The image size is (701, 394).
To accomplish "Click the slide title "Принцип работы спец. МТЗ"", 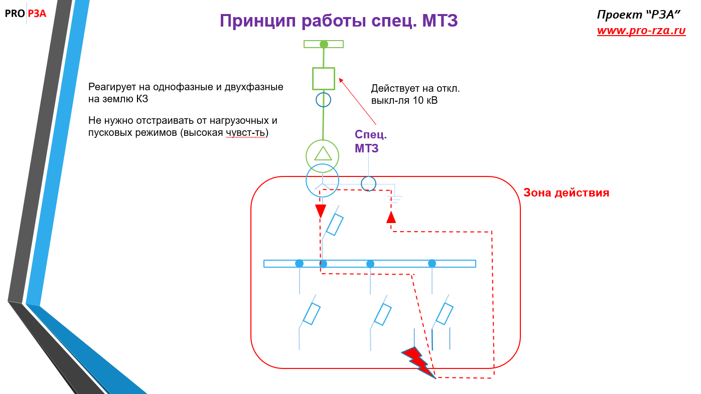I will point(339,21).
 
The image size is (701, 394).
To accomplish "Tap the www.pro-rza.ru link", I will point(641,31).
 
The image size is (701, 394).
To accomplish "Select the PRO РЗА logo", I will point(26,14).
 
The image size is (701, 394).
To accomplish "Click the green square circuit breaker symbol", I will point(323,78).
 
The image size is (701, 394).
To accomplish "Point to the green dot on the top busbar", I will point(324,44).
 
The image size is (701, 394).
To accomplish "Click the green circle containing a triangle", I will point(323,156).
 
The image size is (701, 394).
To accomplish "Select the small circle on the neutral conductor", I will point(369,183).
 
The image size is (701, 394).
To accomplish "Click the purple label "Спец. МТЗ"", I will point(371,141).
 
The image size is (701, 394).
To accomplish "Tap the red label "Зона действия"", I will point(566,192).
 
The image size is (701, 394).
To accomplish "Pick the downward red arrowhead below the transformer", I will point(320,211).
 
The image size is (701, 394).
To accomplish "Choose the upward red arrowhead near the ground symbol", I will point(391,217).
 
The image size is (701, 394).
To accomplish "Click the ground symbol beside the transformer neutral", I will point(395,199).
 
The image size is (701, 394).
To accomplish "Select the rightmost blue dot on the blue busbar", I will point(432,263).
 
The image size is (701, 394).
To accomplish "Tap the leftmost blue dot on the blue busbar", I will point(299,263).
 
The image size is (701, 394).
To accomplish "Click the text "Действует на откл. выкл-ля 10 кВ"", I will point(415,95).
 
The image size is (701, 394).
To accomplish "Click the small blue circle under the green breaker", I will point(323,100).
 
